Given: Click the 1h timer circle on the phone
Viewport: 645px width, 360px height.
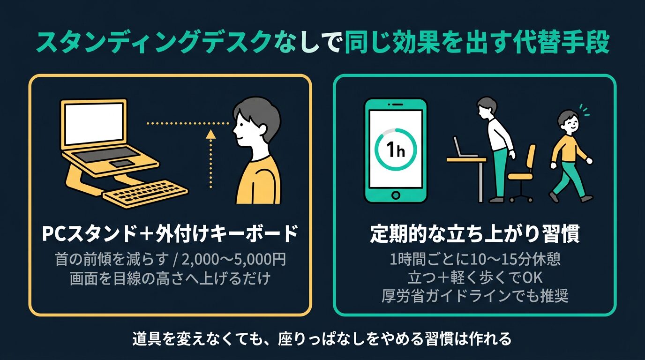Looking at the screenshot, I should tap(396, 150).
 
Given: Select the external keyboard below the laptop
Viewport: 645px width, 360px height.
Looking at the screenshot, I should tap(145, 194).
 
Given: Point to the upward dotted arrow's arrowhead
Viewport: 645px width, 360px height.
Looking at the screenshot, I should tap(211, 135).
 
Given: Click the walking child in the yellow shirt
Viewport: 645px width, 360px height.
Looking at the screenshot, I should tap(569, 155).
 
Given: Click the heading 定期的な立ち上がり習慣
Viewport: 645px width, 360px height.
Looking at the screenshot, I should tap(474, 234).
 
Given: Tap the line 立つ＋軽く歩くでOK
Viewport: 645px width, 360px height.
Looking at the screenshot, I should tap(474, 277).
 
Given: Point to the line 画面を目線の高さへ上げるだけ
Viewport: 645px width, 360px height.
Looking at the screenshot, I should tap(170, 278).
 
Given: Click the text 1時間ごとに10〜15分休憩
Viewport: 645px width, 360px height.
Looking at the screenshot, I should tap(474, 259).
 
